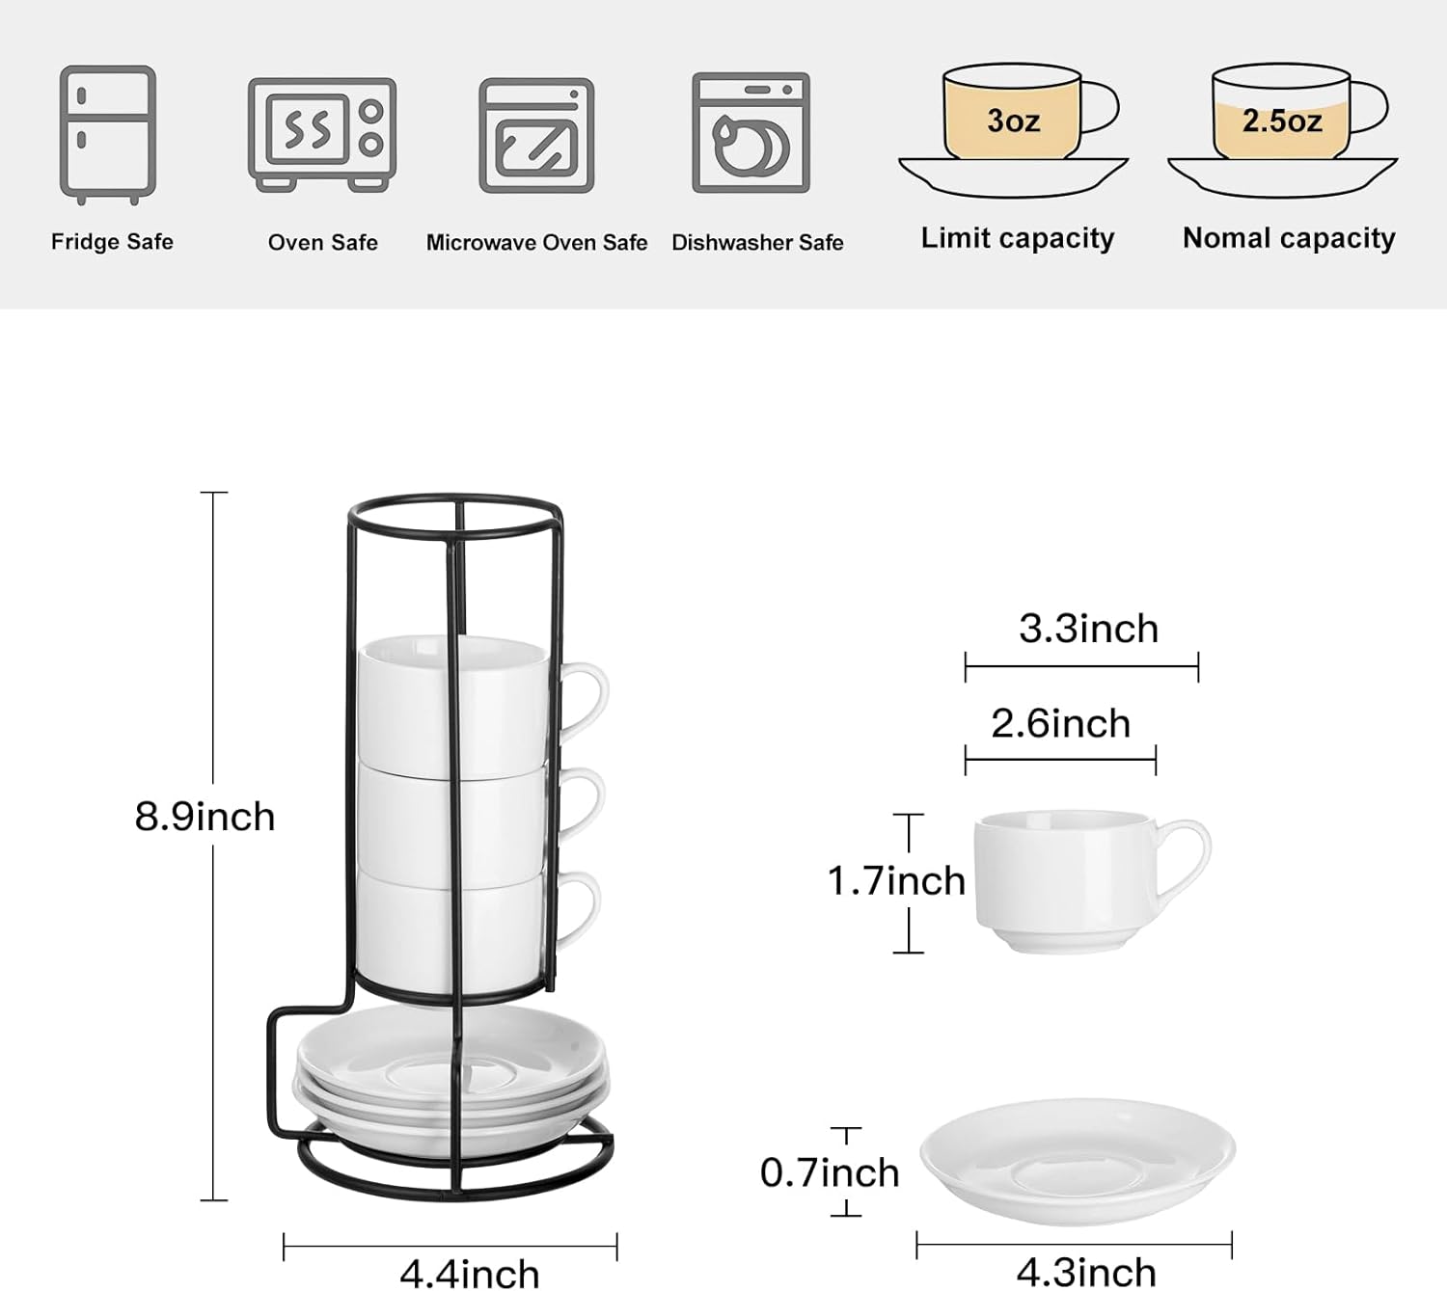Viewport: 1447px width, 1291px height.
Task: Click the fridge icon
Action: [x=108, y=135]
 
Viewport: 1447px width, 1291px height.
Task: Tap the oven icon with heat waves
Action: [x=322, y=134]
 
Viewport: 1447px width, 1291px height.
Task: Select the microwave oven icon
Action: [x=536, y=136]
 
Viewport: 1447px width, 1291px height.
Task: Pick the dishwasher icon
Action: [x=751, y=133]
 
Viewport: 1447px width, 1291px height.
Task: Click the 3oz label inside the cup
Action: [x=1013, y=121]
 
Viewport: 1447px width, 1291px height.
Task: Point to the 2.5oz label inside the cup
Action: [x=1282, y=121]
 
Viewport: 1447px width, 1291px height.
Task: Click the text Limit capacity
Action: [x=1018, y=238]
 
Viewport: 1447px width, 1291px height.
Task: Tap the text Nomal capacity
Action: [x=1289, y=238]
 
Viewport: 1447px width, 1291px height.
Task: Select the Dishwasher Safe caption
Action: [x=757, y=242]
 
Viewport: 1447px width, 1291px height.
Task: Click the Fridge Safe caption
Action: [x=112, y=242]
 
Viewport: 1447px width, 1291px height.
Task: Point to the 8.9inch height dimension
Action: [x=205, y=817]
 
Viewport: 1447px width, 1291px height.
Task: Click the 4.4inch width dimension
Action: [x=470, y=1273]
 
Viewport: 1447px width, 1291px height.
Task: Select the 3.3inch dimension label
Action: [x=1088, y=629]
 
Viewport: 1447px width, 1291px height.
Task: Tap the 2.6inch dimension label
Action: [x=1060, y=723]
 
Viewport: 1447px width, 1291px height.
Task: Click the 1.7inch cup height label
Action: [x=896, y=880]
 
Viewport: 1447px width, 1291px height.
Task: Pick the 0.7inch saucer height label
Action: [x=830, y=1172]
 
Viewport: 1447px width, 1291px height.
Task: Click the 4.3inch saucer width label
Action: [x=1086, y=1272]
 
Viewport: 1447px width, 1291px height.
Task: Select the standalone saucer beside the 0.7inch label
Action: [x=1077, y=1161]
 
